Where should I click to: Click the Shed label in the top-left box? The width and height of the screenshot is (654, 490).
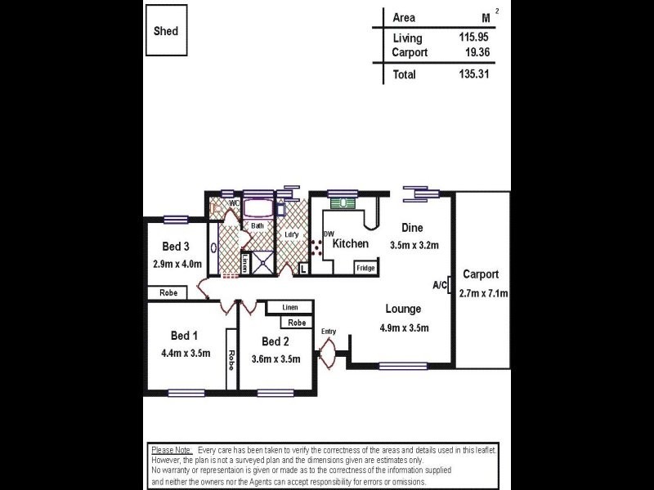[x=166, y=31]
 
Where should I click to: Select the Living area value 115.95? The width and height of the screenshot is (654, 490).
[x=475, y=38]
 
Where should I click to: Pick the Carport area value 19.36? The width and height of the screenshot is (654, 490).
[x=477, y=52]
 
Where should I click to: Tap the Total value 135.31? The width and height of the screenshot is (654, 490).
[x=475, y=74]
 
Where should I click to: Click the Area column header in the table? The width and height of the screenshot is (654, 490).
[x=404, y=18]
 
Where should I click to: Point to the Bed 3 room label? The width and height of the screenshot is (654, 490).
[x=176, y=247]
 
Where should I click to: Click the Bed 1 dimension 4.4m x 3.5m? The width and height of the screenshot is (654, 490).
[x=186, y=354]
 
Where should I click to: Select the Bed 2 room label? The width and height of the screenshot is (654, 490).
[x=275, y=341]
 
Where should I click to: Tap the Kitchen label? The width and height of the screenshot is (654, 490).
[x=350, y=243]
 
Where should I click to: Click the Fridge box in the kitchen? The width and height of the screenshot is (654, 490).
[x=365, y=268]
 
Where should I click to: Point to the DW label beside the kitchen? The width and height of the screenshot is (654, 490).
[x=329, y=234]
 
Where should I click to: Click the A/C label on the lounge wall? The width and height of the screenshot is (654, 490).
[x=440, y=285]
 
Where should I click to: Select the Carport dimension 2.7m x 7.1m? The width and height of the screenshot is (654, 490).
[x=484, y=293]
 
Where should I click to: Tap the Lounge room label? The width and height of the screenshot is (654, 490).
[x=404, y=310]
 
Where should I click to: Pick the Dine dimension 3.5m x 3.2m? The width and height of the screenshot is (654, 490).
[x=414, y=244]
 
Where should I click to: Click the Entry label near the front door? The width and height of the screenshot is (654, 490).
[x=329, y=332]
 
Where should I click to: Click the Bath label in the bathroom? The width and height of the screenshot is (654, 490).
[x=257, y=225]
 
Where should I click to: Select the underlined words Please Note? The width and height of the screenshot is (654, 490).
[x=172, y=450]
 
